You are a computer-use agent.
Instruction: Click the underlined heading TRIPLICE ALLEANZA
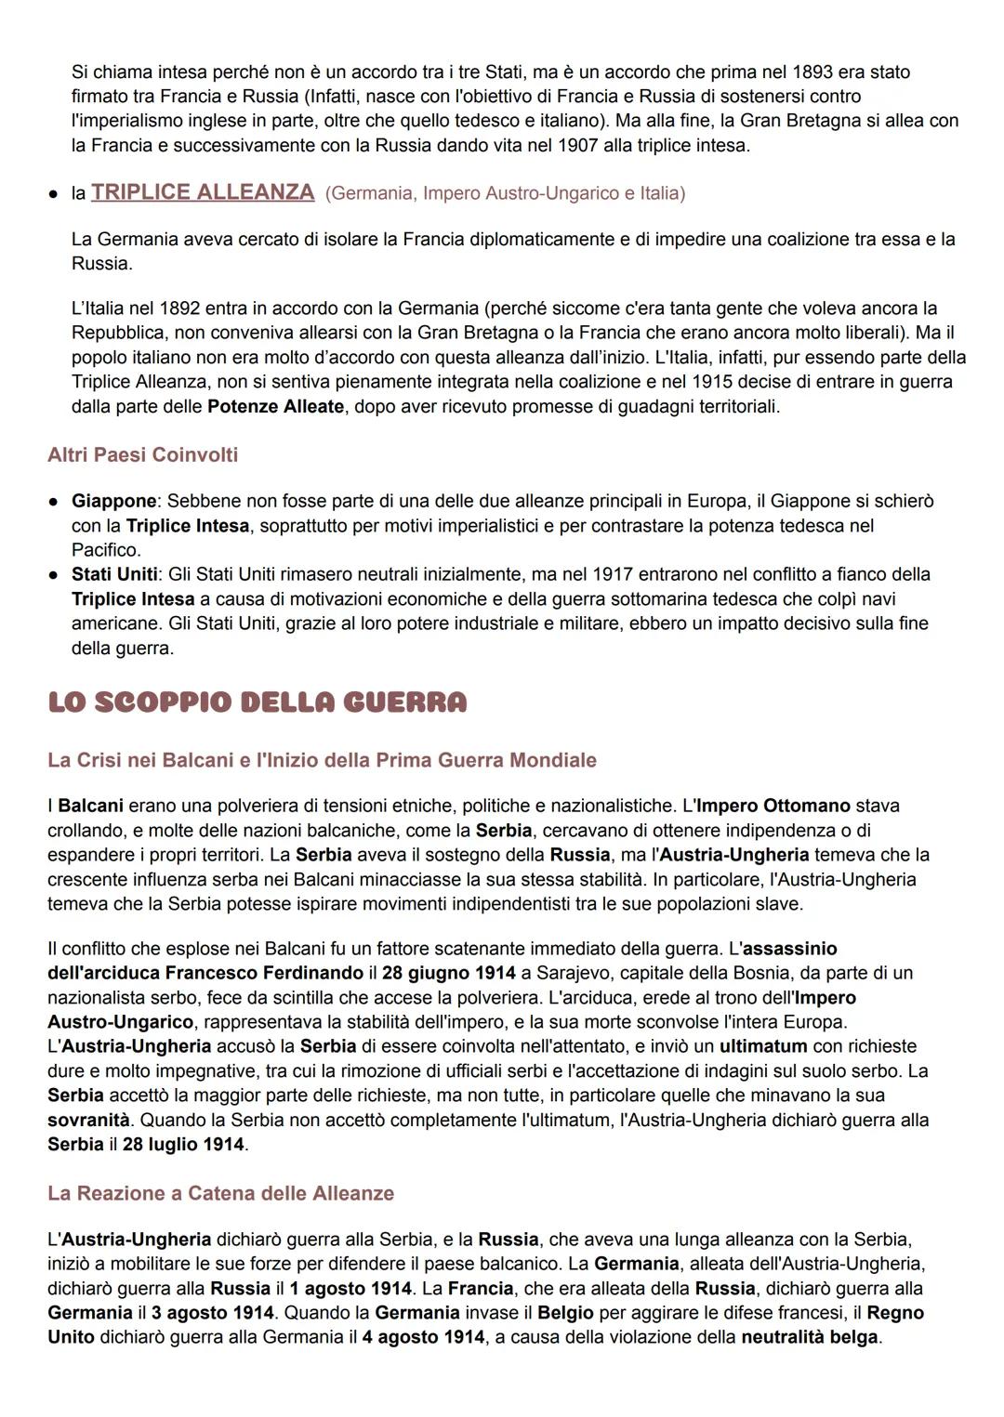(x=203, y=192)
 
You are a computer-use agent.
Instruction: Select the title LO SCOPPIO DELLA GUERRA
(x=257, y=702)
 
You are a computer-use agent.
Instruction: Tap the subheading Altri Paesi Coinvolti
(x=142, y=454)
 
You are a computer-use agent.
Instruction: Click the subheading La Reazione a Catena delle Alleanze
(x=220, y=1193)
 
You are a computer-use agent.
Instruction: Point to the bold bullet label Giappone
(x=112, y=501)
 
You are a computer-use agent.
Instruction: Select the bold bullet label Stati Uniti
(x=114, y=574)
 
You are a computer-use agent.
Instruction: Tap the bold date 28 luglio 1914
(x=182, y=1144)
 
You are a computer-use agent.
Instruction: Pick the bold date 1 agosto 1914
(x=350, y=1289)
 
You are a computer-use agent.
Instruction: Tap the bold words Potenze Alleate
(x=275, y=406)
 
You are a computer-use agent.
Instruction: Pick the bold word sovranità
(x=88, y=1120)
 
